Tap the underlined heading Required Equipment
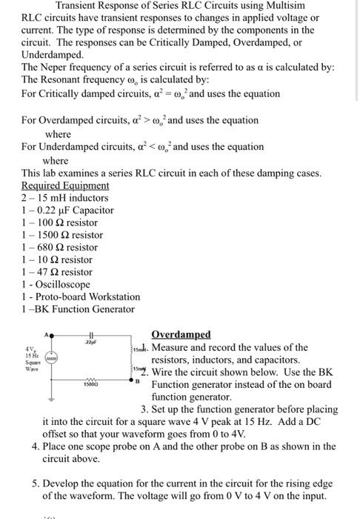point(65,185)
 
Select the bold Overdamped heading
point(181,334)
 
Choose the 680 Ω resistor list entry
point(60,247)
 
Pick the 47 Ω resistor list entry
point(57,272)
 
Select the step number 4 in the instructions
point(36,447)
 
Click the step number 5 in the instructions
point(36,483)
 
